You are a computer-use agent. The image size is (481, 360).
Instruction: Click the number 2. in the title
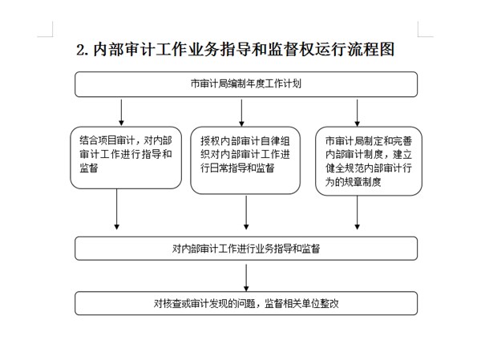coord(83,50)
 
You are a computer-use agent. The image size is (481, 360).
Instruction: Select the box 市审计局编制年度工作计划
coord(246,83)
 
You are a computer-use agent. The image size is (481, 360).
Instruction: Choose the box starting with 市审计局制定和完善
coord(368,160)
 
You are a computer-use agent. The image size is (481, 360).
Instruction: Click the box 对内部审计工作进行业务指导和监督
coord(246,248)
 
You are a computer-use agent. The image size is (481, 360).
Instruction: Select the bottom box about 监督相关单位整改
coord(246,303)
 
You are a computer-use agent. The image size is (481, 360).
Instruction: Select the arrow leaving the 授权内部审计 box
coord(245,213)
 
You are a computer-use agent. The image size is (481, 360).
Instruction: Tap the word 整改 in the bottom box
coord(329,304)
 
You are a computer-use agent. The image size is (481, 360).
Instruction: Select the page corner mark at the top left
coord(51,32)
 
